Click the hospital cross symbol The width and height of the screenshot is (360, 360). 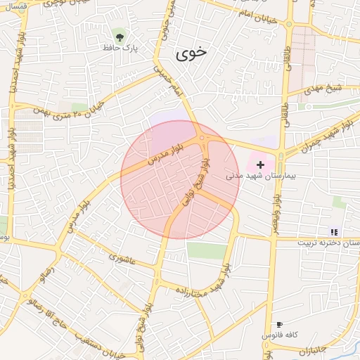pyautogui.click(x=260, y=164)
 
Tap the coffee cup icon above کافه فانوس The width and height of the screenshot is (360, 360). pyautogui.click(x=279, y=324)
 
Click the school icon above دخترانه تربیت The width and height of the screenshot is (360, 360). pyautogui.click(x=334, y=231)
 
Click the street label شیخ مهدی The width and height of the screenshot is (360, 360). pyautogui.click(x=323, y=90)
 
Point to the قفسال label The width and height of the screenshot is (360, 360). pyautogui.click(x=15, y=6)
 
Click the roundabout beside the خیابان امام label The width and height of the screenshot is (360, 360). pyautogui.click(x=290, y=24)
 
